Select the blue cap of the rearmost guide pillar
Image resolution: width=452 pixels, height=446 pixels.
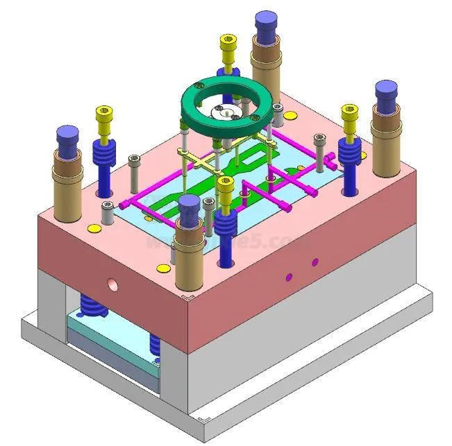point(265,26)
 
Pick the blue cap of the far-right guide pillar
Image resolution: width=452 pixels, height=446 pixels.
point(386,94)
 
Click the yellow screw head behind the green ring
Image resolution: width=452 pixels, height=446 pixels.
point(228,46)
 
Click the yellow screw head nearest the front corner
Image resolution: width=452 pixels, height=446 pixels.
point(225,188)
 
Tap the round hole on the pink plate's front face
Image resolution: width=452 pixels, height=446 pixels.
point(111,284)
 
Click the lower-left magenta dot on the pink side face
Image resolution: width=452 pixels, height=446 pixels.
point(290,277)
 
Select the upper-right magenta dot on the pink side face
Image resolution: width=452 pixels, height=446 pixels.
point(315,262)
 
